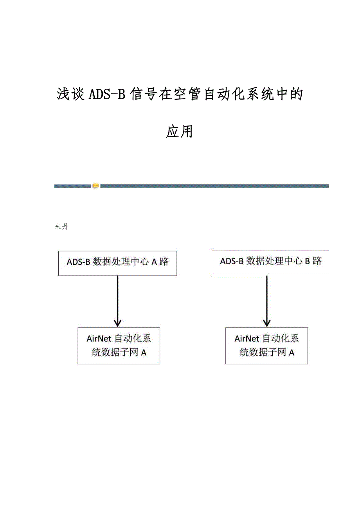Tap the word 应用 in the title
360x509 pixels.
pos(180,132)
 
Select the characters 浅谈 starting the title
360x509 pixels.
pos(71,95)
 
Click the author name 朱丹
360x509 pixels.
pos(62,227)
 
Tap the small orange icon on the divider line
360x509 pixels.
pos(96,186)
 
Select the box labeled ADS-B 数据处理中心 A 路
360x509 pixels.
pos(117,263)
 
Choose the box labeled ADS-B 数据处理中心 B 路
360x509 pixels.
pos(270,262)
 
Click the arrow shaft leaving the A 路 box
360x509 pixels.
pos(118,297)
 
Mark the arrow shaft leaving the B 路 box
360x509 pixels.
pos(266,297)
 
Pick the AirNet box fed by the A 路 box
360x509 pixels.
pos(119,346)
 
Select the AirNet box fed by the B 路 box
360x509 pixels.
pos(266,346)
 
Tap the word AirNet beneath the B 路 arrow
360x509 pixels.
pos(247,339)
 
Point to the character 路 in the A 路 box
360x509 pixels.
pos(164,262)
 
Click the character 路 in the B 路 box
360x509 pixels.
pos(317,261)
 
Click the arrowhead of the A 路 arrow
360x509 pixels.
pos(118,323)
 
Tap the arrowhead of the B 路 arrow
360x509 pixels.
pos(266,323)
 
